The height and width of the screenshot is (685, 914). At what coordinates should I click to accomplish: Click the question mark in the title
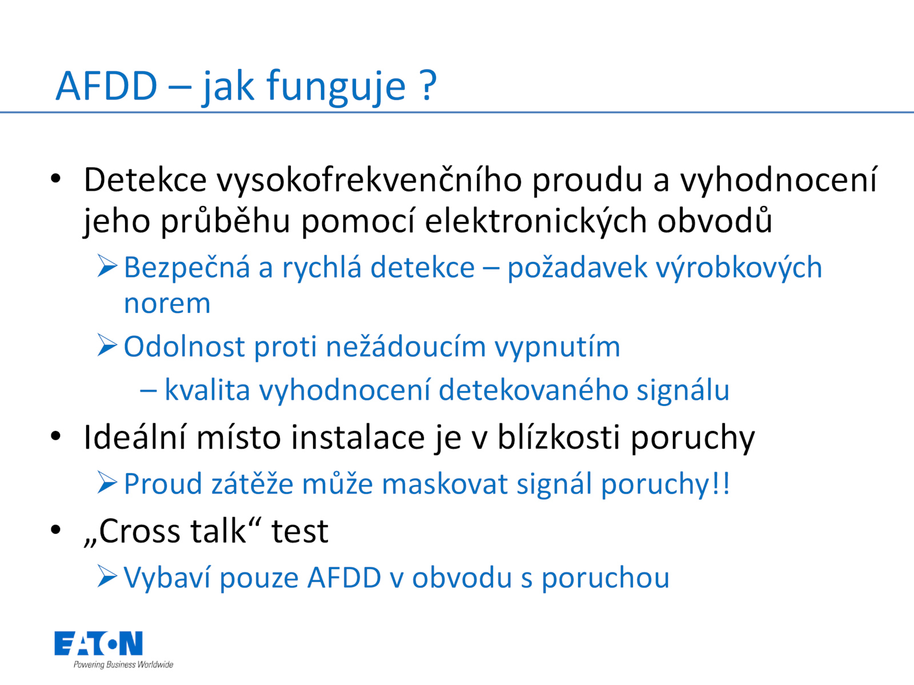pos(427,86)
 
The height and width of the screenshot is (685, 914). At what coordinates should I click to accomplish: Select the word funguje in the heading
pos(336,88)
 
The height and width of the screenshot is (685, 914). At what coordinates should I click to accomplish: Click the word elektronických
pos(536,221)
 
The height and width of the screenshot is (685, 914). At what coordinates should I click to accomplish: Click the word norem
pos(167,304)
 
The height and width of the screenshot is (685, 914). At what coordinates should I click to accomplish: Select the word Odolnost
pos(184,346)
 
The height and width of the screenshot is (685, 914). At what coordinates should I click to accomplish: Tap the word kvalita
pos(207,390)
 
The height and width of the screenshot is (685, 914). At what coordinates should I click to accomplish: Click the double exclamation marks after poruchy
pos(721,483)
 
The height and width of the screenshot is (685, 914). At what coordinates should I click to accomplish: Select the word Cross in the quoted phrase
pos(139,531)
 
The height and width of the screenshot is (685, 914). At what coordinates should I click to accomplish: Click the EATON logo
pos(99,643)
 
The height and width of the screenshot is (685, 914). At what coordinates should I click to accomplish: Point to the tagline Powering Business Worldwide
pos(123,664)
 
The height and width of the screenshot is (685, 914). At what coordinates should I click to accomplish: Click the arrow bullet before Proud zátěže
pos(107,483)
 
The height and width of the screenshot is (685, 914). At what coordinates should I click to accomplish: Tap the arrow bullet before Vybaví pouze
pos(107,577)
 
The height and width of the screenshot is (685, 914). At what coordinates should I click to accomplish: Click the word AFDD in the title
pos(107,86)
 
